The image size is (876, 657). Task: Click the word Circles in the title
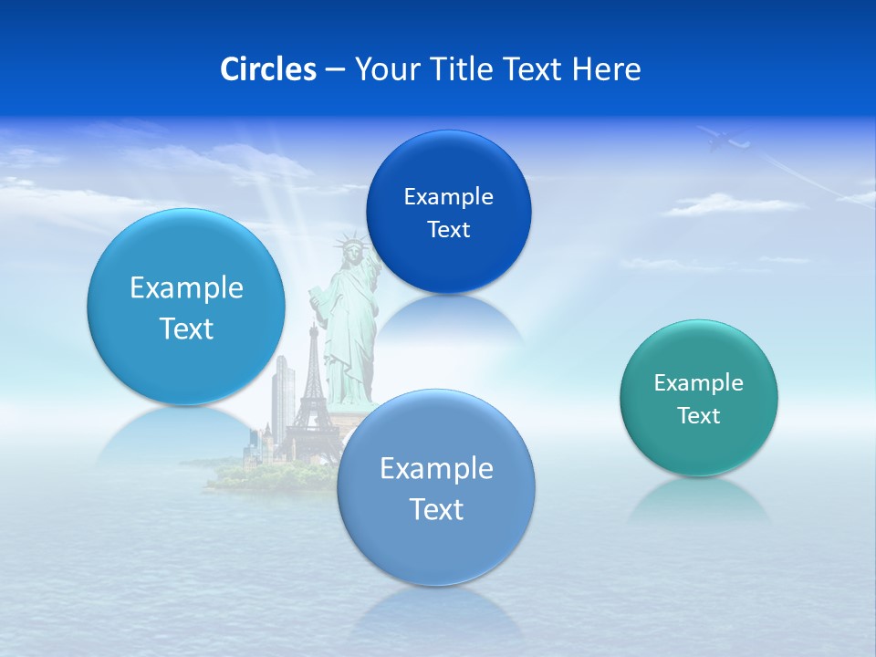267,69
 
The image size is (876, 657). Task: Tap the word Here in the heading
607,69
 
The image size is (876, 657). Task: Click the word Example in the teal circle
698,383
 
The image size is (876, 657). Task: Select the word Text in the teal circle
698,416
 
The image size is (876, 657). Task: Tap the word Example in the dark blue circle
448,197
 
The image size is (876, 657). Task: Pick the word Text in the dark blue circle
448,230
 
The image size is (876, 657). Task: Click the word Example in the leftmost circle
186,288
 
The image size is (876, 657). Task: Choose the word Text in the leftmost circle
186,328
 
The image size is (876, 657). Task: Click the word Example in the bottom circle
436,469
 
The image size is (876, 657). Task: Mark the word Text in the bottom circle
436,509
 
